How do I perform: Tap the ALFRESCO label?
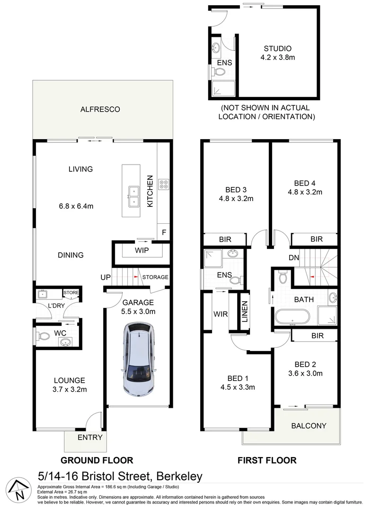[100, 109]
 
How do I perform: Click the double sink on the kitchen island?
[131, 197]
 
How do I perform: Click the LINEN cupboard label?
[244, 312]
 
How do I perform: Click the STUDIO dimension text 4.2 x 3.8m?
[277, 58]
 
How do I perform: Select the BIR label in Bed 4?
[316, 239]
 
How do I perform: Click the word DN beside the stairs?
[293, 257]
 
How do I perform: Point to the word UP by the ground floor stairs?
[105, 277]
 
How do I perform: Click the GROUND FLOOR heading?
[97, 460]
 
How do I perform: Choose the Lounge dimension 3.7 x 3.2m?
[69, 389]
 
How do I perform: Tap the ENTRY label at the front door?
[89, 437]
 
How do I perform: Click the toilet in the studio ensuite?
[218, 72]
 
